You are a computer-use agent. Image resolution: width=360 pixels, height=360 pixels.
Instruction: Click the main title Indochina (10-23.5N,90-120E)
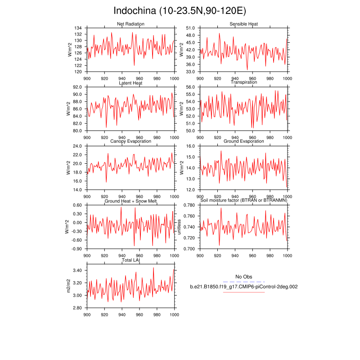[180, 11]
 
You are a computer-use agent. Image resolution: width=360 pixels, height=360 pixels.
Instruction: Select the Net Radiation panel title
[130, 24]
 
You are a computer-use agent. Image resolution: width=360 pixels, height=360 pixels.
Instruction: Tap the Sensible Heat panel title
[243, 24]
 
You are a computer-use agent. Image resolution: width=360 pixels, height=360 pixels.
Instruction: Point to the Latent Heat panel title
[130, 83]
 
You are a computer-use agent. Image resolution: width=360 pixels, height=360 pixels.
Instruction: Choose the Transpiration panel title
[243, 82]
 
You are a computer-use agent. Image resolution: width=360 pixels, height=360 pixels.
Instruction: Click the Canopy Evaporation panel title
[130, 142]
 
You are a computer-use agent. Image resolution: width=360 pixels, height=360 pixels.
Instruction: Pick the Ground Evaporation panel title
[243, 142]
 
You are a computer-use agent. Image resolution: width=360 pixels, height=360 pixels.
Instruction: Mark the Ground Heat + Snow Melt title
[130, 201]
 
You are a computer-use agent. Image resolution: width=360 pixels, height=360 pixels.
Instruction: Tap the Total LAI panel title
[130, 260]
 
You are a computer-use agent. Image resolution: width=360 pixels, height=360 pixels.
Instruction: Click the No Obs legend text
[243, 277]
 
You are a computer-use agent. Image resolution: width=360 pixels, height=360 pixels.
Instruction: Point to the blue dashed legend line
[243, 282]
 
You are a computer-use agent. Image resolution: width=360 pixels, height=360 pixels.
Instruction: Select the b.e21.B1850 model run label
[243, 287]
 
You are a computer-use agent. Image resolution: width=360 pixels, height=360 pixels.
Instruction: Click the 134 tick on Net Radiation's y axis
[78, 28]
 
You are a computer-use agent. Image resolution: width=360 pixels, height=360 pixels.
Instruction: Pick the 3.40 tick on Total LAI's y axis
[77, 270]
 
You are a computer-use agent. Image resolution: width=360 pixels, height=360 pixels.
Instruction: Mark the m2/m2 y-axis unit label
[69, 286]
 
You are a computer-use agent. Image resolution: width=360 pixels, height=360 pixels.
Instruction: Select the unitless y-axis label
[179, 227]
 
